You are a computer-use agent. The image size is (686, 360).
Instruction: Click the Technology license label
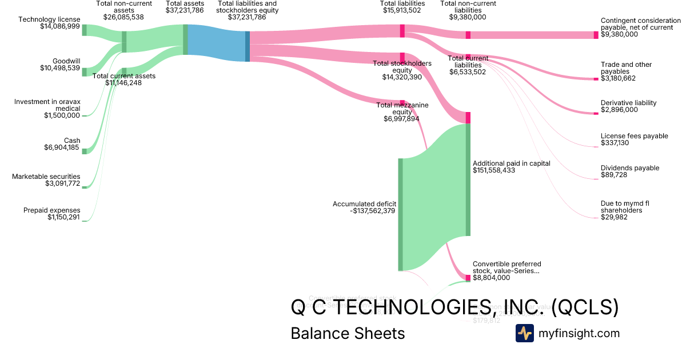point(49,19)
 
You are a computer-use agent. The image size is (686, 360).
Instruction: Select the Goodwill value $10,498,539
point(60,68)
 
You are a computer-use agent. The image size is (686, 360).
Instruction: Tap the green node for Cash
point(84,151)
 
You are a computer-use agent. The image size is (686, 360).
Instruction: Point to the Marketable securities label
point(46,177)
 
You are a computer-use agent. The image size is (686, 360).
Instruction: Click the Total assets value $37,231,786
point(185,10)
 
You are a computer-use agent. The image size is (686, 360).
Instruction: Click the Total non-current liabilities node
point(468,35)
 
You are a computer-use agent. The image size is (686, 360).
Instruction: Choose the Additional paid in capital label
point(512,163)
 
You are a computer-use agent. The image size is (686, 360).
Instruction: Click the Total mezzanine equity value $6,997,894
point(402,119)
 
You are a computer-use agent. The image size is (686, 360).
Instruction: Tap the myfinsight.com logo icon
point(524,333)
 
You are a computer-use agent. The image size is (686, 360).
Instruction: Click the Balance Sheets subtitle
point(348,334)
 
